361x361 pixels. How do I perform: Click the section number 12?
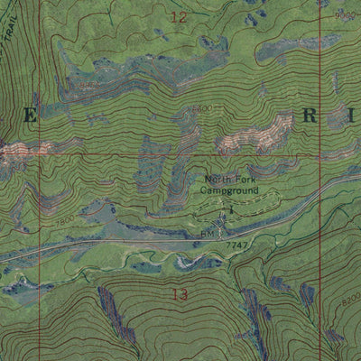click(x=178, y=17)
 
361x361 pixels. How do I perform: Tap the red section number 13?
click(x=179, y=294)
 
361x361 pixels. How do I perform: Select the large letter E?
click(x=31, y=116)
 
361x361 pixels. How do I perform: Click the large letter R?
click(x=310, y=116)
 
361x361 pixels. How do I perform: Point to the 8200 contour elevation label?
click(x=347, y=295)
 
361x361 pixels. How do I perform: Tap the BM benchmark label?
click(x=207, y=233)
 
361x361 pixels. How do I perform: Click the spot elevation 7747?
click(x=236, y=245)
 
